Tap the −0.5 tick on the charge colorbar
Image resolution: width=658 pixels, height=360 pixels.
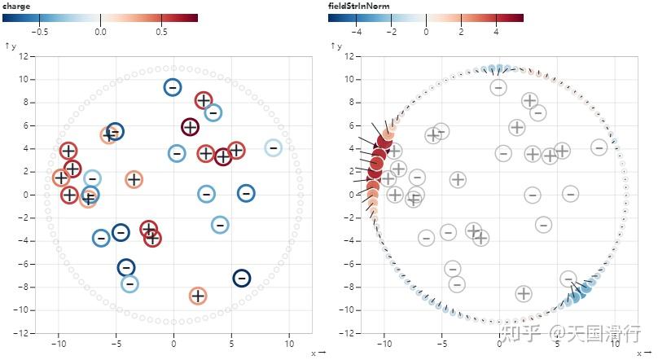click(39, 32)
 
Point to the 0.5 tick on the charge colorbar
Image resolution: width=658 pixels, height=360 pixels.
click(161, 32)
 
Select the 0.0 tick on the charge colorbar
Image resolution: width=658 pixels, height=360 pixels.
click(100, 32)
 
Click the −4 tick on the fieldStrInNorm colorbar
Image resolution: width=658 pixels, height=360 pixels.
click(356, 32)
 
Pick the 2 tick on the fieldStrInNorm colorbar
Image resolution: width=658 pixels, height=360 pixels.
click(461, 32)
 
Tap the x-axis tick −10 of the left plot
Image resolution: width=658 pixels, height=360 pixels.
click(58, 343)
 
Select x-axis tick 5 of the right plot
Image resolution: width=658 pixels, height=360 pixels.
click(558, 343)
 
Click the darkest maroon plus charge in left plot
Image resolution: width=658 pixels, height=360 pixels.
click(190, 127)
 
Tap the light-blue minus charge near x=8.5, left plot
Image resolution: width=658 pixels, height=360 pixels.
click(273, 147)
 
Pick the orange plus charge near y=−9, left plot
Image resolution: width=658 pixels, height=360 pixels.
click(197, 296)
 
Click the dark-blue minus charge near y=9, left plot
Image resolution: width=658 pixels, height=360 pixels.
click(172, 87)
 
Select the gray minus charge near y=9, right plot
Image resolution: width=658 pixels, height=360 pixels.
click(498, 87)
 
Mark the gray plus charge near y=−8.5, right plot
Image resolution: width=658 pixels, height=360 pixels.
click(523, 293)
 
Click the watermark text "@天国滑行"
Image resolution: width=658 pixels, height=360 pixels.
click(594, 332)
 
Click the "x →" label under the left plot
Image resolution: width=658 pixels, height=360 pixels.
click(318, 353)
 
